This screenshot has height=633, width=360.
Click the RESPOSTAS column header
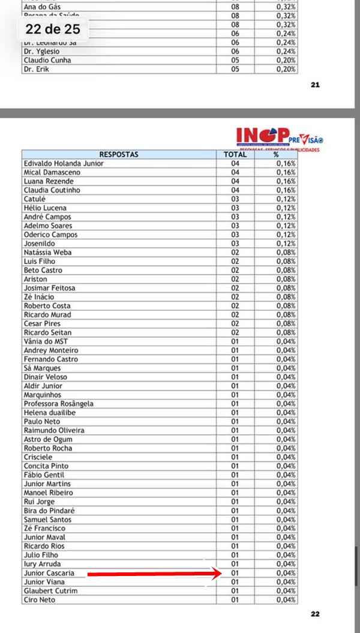point(119,154)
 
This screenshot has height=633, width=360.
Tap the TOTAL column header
point(235,154)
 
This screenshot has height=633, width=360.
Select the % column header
point(276,154)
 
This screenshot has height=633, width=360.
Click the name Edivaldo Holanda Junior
point(64,163)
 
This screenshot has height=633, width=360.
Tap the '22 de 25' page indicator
point(53,29)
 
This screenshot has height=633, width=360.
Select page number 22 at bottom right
point(316,614)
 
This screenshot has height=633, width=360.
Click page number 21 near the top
point(316,85)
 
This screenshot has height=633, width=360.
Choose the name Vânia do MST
point(46,341)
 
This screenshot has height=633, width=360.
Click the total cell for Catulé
point(235,199)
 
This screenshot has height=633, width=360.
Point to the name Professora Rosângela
point(58,404)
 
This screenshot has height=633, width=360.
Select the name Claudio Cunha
point(47,60)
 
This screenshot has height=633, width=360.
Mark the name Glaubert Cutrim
point(50,591)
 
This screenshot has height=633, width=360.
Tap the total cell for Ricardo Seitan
point(235,332)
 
